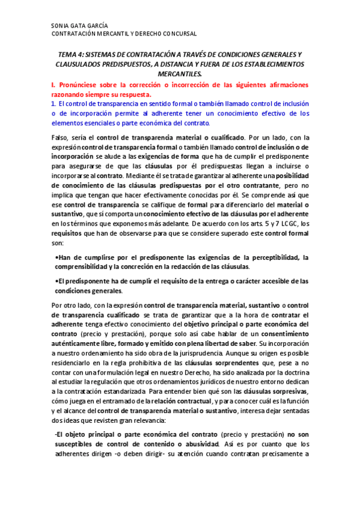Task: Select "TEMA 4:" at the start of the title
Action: point(63,54)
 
